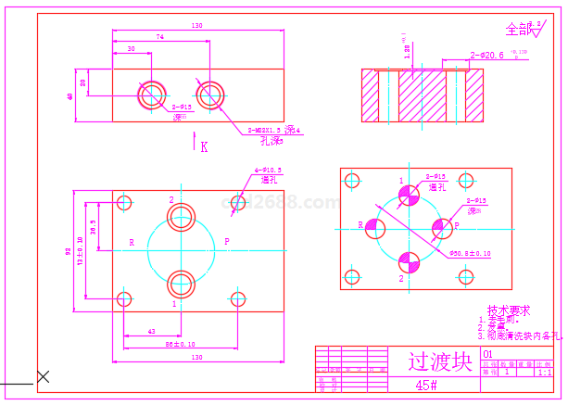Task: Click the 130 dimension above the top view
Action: coord(196,26)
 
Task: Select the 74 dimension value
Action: coord(160,37)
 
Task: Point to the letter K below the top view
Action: coord(204,146)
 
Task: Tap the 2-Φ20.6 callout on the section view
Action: coord(487,56)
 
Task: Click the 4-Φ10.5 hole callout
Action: coord(268,171)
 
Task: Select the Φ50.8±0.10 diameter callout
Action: coord(470,253)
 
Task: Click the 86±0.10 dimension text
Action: coord(180,345)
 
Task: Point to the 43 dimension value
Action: coord(151,331)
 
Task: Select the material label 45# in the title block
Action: coord(426,385)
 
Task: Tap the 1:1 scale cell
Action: coord(545,373)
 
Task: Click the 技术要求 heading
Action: coord(509,311)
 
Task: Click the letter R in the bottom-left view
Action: coord(132,243)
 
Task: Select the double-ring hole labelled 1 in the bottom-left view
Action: coord(181,281)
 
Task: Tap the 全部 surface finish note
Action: coord(518,29)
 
